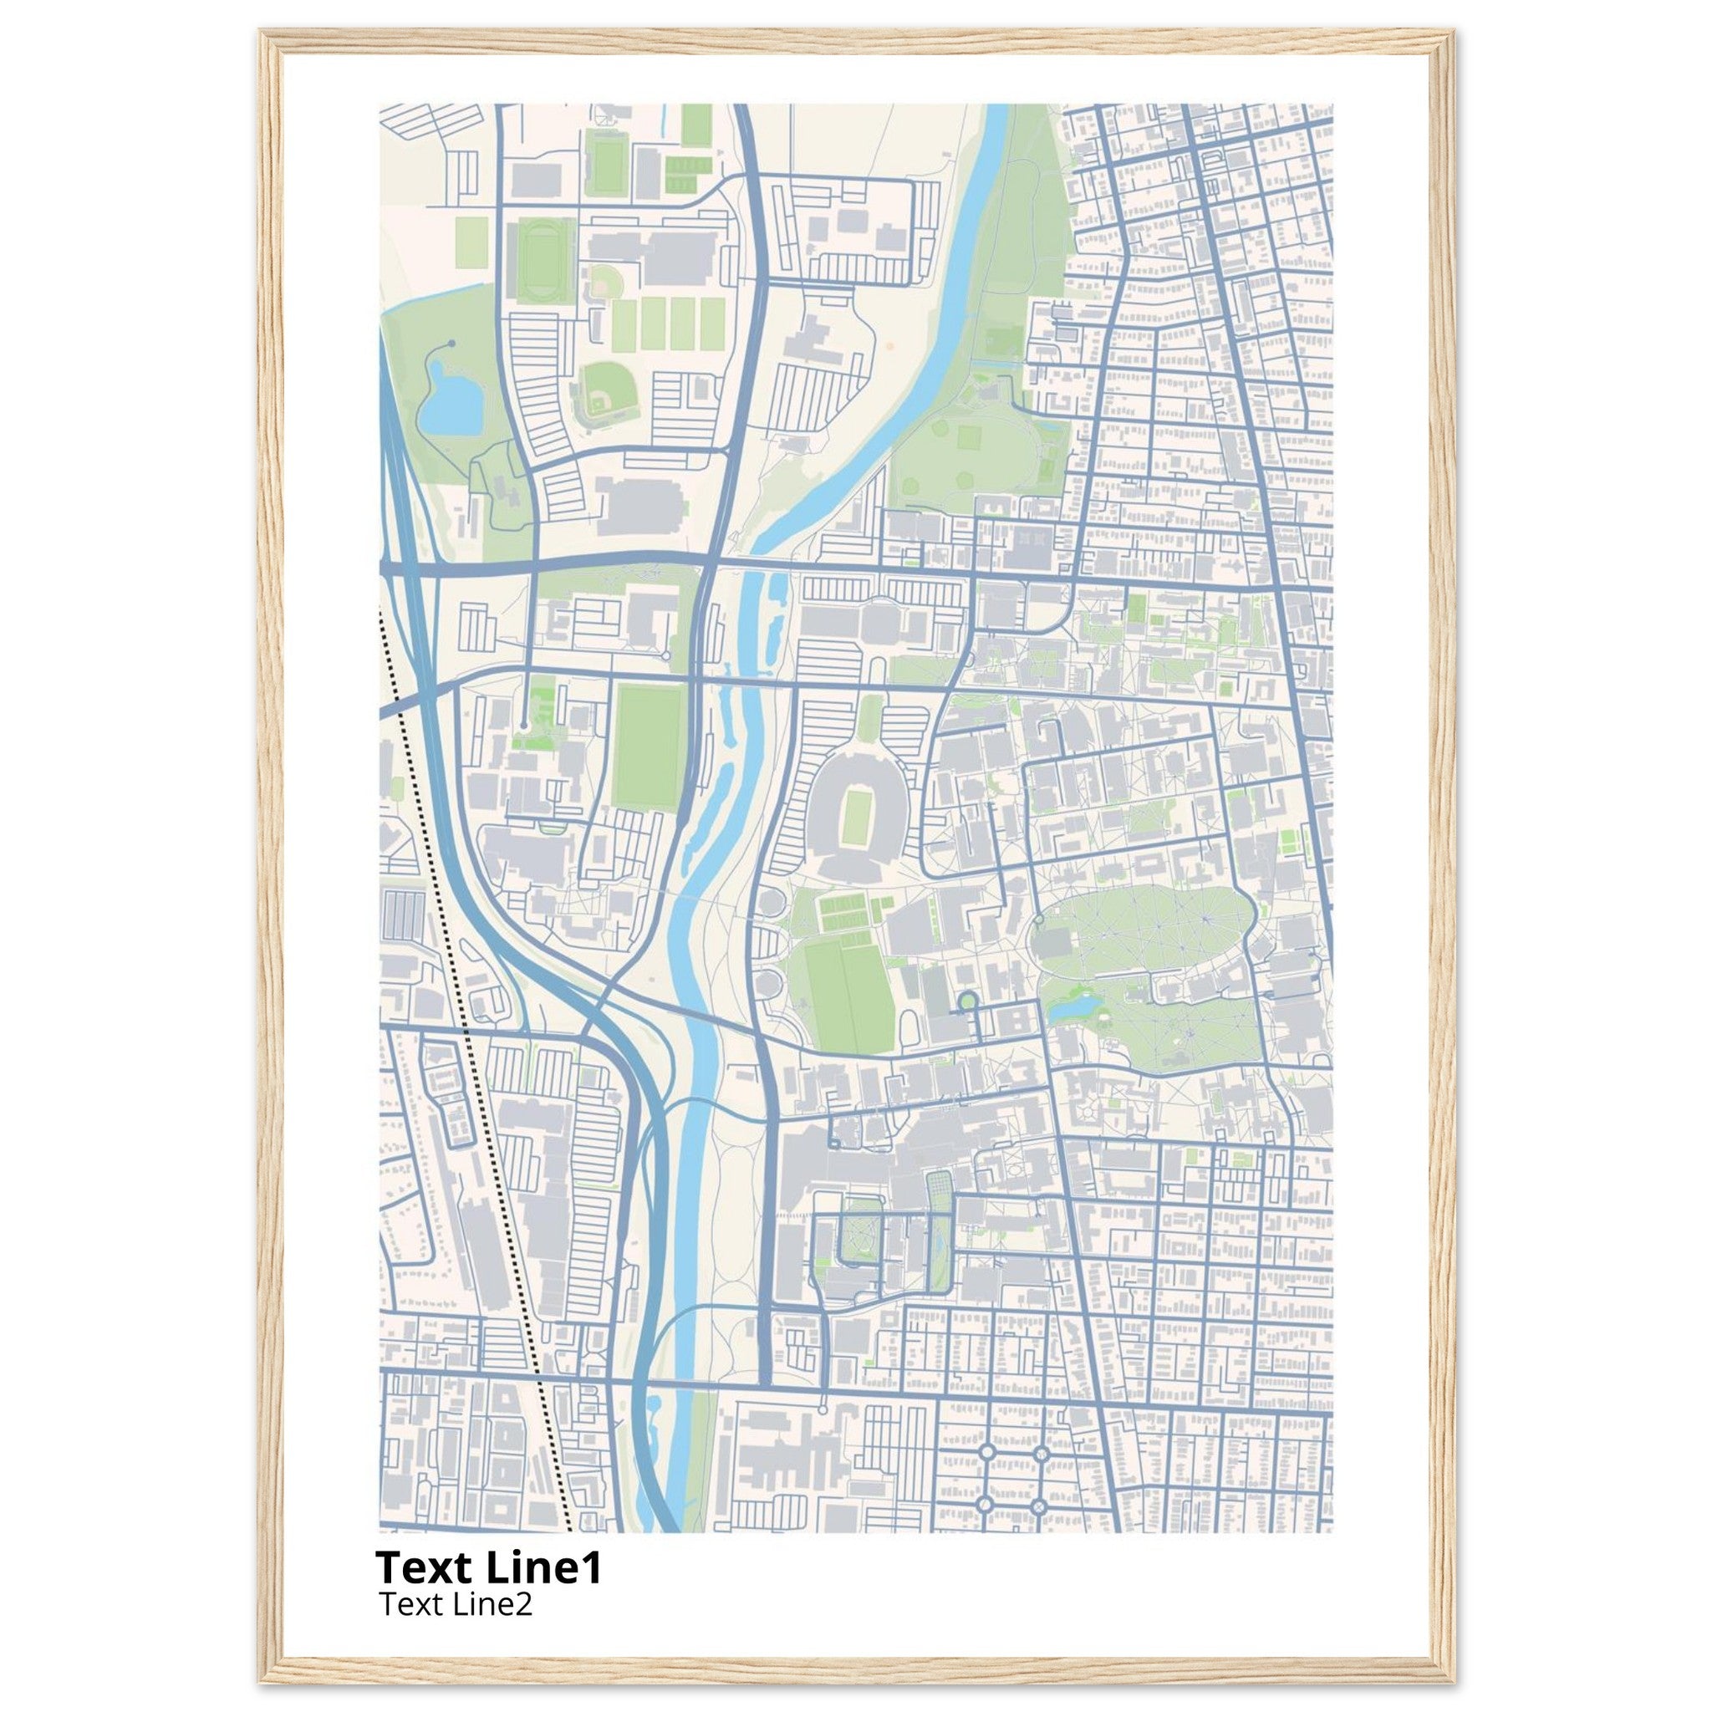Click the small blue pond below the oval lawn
point(1075,1006)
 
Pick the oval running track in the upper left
point(534,262)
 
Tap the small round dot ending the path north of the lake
point(452,342)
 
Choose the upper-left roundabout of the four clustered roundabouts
point(986,1453)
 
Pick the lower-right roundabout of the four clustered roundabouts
point(1039,1506)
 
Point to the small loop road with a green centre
point(968,1001)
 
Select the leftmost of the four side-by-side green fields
point(624,324)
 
